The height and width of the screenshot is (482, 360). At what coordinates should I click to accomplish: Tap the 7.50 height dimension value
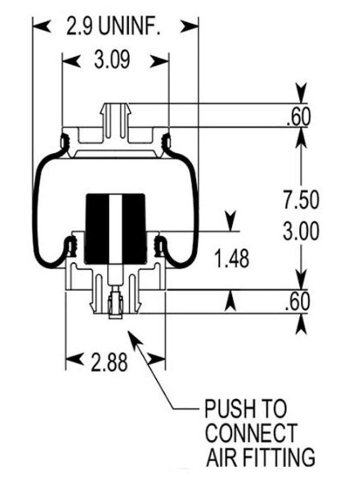301,201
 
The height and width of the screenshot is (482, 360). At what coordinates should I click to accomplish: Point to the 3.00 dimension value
301,231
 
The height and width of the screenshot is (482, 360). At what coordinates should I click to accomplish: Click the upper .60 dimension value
298,118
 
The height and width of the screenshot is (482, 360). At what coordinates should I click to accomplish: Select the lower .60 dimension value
298,302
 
